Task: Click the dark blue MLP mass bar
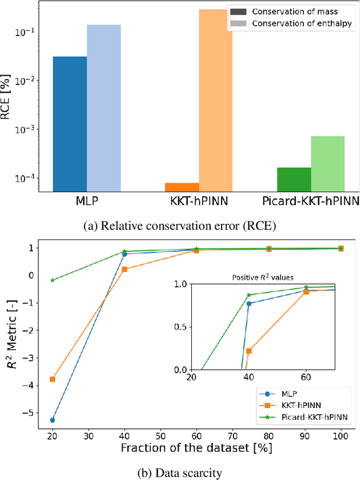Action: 70,124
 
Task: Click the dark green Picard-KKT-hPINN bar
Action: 294,179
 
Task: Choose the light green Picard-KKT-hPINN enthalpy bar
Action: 327,164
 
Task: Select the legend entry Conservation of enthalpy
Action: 292,23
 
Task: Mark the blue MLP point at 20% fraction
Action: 52,420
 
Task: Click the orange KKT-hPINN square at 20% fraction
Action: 52,379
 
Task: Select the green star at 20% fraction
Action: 52,280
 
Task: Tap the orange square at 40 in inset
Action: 249,351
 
